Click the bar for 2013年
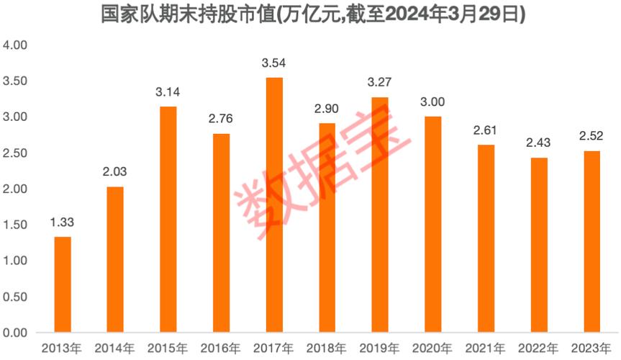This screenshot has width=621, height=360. coord(63,285)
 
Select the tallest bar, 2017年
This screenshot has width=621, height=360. coord(274,205)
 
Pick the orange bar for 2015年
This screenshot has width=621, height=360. coord(168,220)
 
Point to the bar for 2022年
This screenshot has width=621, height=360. coord(538,246)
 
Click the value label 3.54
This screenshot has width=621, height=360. coord(274,64)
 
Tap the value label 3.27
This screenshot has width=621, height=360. coord(380,84)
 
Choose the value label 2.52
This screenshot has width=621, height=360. coord(591,138)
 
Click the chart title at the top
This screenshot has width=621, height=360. coord(310,14)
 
